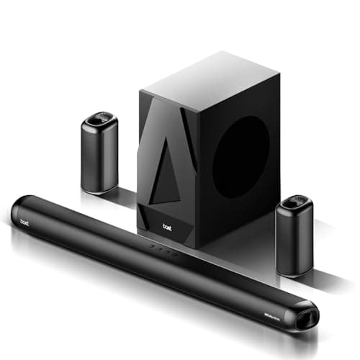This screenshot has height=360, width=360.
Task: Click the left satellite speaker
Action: (99, 152)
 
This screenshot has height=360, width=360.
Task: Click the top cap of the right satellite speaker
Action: (297, 202)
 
